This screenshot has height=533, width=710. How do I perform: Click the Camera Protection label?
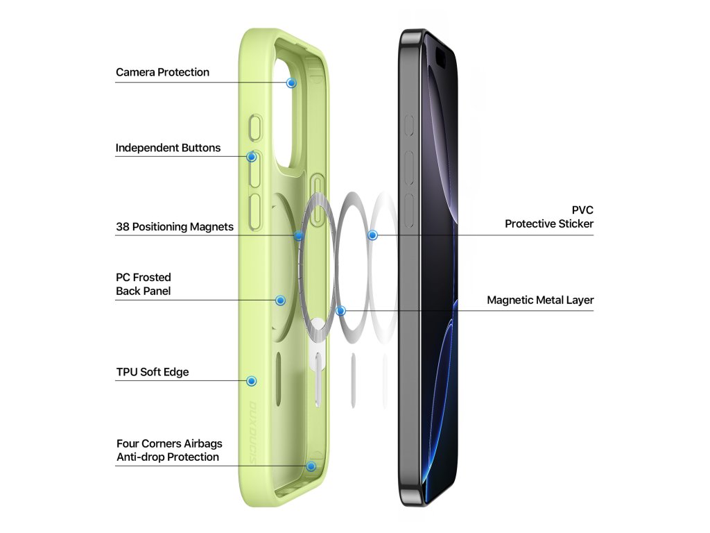[162, 72]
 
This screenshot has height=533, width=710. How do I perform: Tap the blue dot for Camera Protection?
[291, 83]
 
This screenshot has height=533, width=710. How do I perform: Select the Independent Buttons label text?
[168, 148]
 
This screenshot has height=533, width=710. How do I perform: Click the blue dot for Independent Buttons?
[252, 157]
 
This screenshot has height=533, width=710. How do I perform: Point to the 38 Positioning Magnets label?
[175, 227]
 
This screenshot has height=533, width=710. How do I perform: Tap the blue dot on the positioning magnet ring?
[299, 236]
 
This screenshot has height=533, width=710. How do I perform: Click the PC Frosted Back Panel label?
[144, 284]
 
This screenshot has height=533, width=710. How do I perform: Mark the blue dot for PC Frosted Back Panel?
[280, 301]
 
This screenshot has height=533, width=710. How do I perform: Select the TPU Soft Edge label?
[153, 372]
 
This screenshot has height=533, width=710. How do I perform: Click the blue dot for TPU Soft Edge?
[252, 381]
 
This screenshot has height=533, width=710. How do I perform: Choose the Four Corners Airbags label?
[169, 443]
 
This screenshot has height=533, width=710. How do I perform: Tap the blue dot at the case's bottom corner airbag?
[311, 466]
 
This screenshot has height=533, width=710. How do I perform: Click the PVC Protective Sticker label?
[549, 217]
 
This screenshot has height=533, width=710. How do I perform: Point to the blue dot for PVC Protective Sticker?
[372, 236]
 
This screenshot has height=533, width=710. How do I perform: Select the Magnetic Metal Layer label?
[540, 301]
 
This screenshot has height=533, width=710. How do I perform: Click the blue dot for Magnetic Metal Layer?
[340, 310]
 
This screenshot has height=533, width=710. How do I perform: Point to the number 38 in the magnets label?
[122, 227]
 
